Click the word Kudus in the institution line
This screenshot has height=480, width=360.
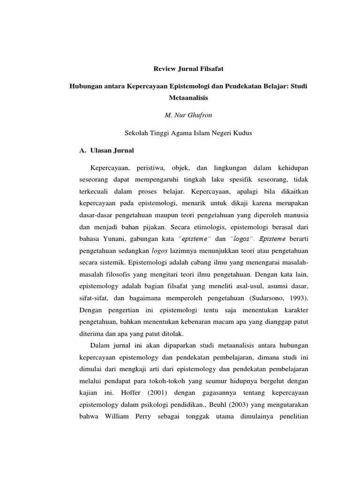[243, 133]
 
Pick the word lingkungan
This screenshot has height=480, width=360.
[230, 168]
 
